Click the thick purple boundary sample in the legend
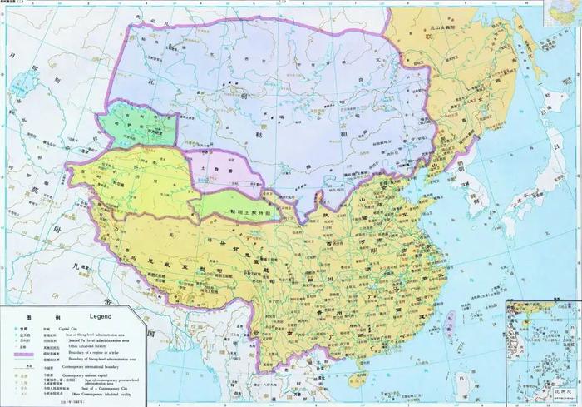[x=22, y=351]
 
